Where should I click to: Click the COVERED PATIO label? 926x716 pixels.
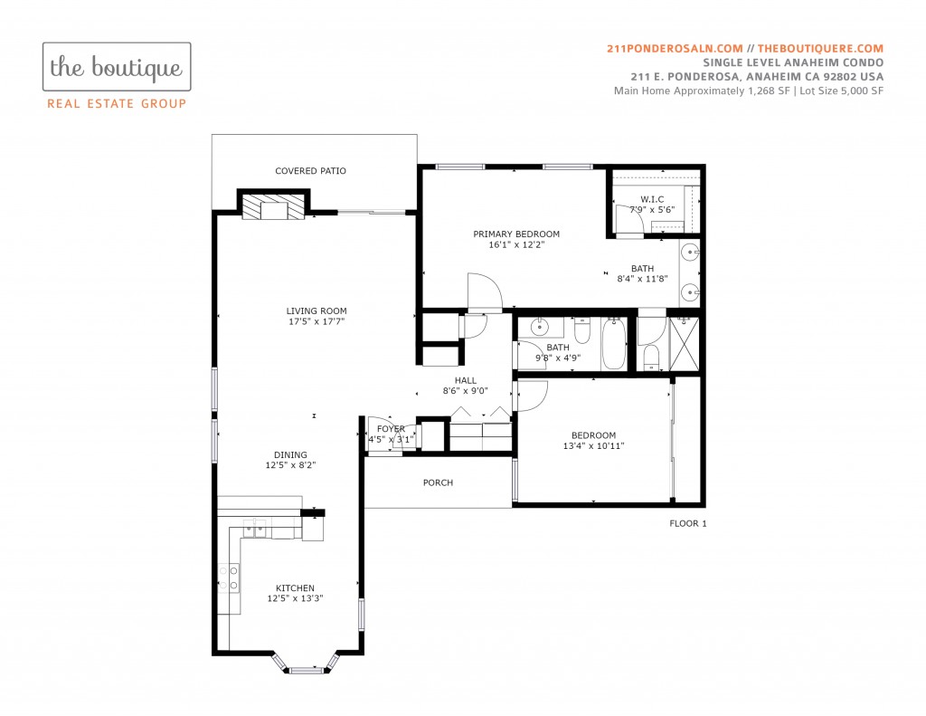click(x=311, y=171)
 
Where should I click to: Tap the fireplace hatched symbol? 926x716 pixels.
click(x=273, y=206)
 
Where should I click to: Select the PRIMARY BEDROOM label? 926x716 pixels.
click(x=516, y=234)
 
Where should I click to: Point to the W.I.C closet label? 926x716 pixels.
click(x=652, y=199)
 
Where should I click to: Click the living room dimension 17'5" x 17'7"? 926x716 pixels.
click(x=317, y=321)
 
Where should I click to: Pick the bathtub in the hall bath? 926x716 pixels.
click(x=614, y=343)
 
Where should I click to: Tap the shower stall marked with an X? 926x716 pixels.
click(x=684, y=344)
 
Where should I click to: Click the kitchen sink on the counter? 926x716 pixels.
click(x=254, y=528)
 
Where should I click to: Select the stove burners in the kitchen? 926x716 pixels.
click(x=229, y=578)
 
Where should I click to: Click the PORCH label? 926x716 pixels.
click(x=439, y=482)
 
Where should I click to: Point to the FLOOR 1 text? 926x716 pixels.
click(x=688, y=523)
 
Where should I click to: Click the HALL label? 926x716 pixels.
click(x=466, y=380)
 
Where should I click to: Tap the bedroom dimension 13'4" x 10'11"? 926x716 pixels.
click(x=593, y=445)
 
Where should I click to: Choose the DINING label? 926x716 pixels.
click(x=290, y=454)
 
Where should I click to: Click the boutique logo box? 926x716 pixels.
click(x=117, y=66)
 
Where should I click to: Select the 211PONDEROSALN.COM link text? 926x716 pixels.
click(x=675, y=49)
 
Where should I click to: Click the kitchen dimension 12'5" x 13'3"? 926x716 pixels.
click(x=296, y=598)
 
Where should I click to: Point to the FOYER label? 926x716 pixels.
click(x=391, y=429)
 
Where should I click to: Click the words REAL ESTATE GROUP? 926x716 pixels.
click(x=117, y=103)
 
